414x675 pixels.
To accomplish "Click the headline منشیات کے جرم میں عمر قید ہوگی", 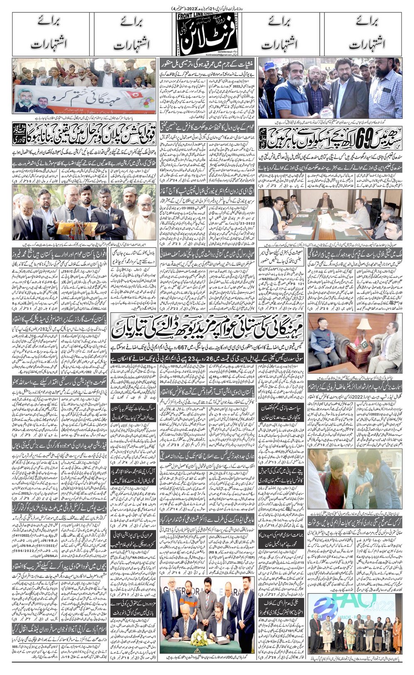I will point(206,64).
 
